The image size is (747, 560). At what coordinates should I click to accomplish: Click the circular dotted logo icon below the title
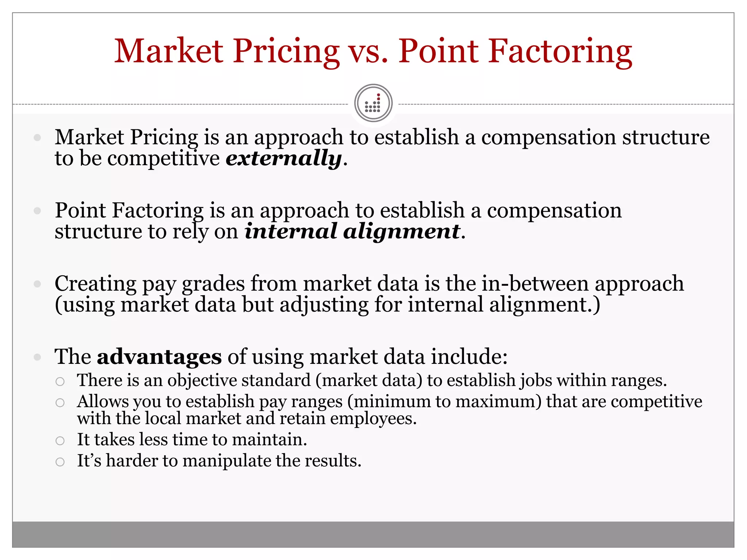click(373, 103)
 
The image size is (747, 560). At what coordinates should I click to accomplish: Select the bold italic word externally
click(284, 158)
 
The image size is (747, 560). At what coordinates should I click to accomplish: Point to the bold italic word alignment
click(402, 231)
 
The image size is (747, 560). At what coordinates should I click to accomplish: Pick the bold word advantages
click(159, 357)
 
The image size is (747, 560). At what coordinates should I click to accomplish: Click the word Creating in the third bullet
click(95, 284)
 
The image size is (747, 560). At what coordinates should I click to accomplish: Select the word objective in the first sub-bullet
click(202, 380)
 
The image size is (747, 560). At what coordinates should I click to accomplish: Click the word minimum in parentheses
click(392, 401)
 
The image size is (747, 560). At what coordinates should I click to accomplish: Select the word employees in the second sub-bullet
click(373, 419)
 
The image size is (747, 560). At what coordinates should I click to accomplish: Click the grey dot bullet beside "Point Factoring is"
click(37, 211)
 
